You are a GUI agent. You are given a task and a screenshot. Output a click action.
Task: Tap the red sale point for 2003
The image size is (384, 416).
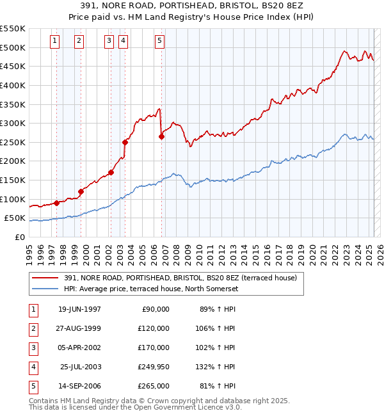coord(125,142)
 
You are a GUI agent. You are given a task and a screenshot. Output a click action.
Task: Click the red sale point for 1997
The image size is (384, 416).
coord(56,203)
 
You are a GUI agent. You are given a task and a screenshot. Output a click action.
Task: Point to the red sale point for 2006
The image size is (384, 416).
coord(161,136)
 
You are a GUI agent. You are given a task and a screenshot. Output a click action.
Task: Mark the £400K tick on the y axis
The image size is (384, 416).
coord(13,85)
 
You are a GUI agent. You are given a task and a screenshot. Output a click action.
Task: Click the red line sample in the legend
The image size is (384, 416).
coord(46,278)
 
